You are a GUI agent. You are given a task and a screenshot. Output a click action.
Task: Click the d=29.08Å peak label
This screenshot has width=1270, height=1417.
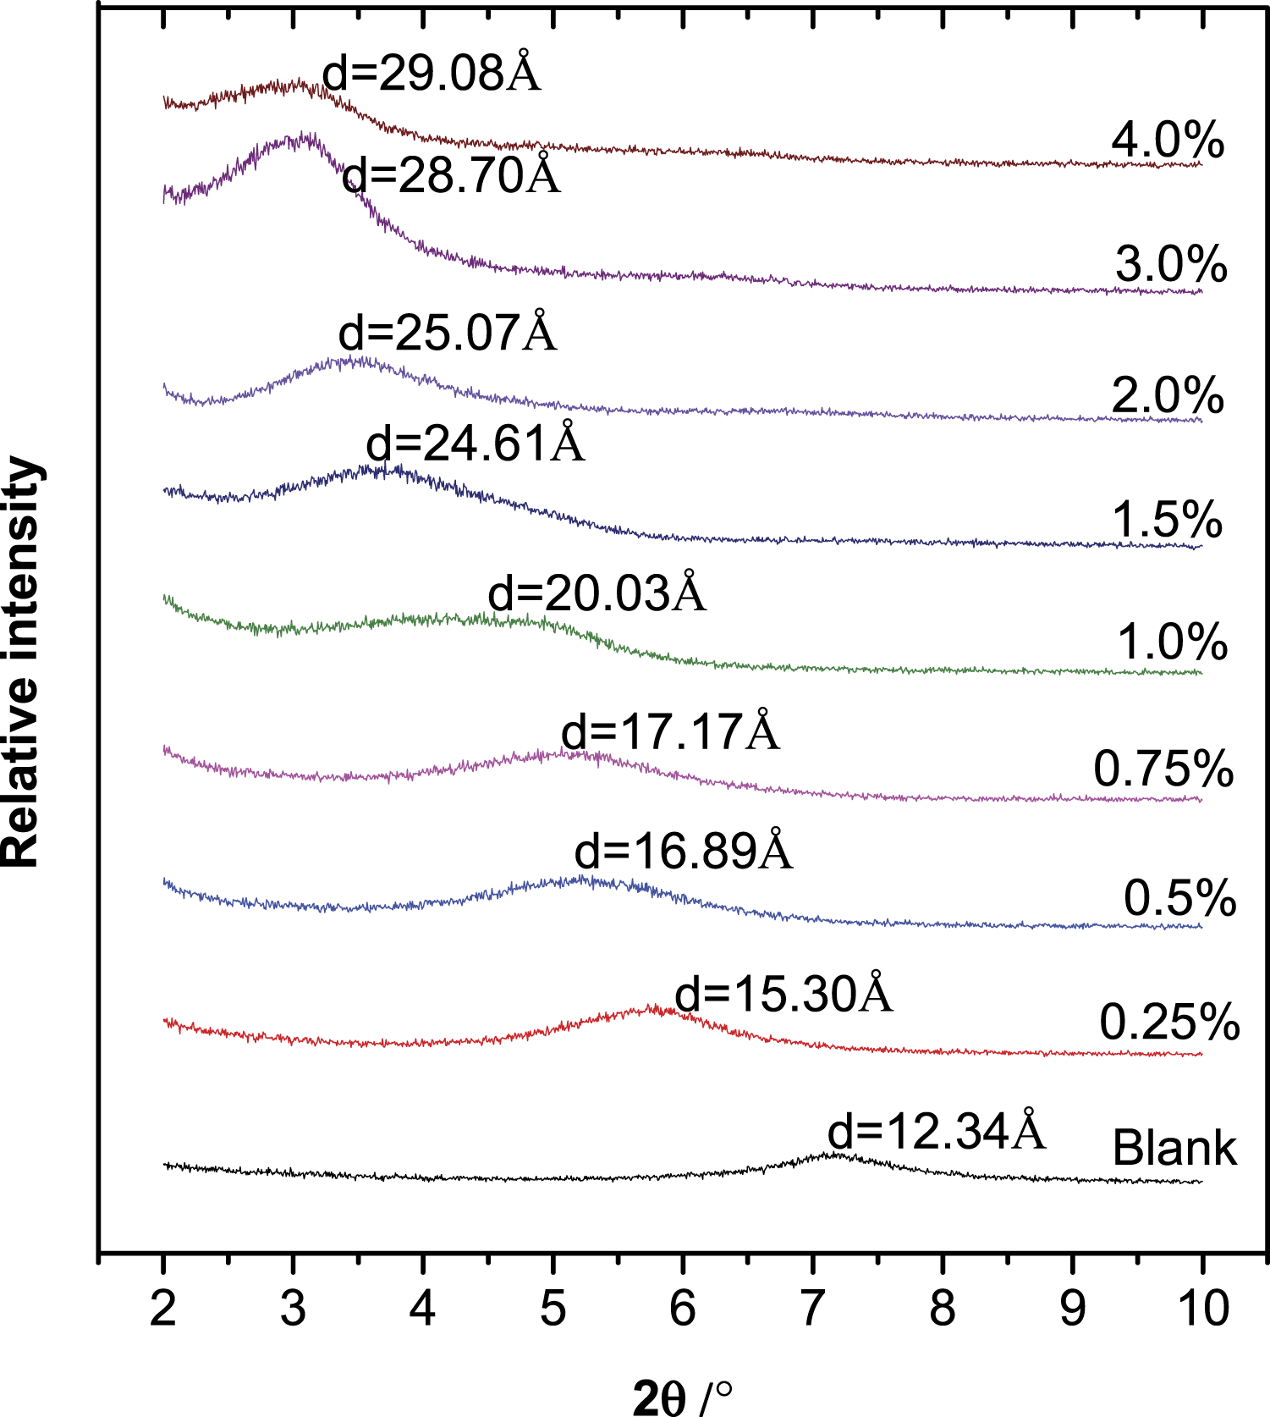click(x=432, y=72)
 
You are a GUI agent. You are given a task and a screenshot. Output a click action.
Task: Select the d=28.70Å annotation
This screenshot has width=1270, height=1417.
click(x=452, y=174)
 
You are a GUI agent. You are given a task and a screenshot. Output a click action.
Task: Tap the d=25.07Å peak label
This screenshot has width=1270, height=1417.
click(x=448, y=331)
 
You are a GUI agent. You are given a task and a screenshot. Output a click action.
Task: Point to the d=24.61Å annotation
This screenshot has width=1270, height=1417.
click(x=476, y=441)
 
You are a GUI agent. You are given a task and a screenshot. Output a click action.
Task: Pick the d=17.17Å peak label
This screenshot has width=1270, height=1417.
click(x=671, y=730)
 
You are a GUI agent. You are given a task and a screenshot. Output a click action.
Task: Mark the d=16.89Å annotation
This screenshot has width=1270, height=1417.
click(x=684, y=849)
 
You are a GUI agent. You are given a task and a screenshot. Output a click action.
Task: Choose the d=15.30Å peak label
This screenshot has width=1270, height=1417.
click(x=784, y=992)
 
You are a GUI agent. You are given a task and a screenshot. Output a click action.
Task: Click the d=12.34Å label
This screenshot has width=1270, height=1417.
click(x=937, y=1129)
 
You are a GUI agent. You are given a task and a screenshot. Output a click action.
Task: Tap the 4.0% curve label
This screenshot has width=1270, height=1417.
click(x=1168, y=140)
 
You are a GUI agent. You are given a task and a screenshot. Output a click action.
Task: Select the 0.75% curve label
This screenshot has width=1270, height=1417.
click(x=1163, y=769)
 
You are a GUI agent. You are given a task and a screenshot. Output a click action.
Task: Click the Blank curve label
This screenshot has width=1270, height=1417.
click(x=1174, y=1148)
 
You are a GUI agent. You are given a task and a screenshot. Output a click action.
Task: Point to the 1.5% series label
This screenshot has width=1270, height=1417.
click(x=1167, y=519)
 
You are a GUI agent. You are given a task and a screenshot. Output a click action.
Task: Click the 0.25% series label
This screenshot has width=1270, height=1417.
click(x=1169, y=1022)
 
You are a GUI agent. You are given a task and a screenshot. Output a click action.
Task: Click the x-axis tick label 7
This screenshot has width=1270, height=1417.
click(x=812, y=1308)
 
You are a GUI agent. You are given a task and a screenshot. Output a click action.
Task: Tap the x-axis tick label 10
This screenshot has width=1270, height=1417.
click(x=1202, y=1308)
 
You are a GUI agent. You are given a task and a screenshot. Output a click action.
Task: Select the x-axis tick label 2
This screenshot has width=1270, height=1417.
click(x=162, y=1308)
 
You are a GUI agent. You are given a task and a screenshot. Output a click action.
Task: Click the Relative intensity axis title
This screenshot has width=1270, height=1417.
click(x=22, y=662)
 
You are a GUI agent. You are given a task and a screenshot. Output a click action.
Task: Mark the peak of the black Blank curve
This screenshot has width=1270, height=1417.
click(x=836, y=1153)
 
